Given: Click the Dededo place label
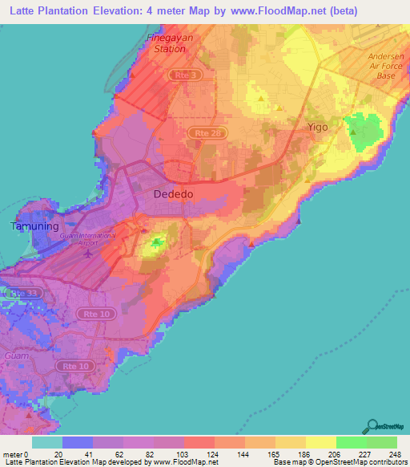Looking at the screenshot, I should pyautogui.click(x=173, y=194).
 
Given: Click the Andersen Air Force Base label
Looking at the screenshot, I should pyautogui.click(x=388, y=66).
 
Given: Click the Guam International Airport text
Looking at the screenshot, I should pyautogui.click(x=87, y=238).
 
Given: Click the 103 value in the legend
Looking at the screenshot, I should pyautogui.click(x=183, y=454).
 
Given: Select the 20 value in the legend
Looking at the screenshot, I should pyautogui.click(x=62, y=454).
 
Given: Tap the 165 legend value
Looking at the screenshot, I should pyautogui.click(x=274, y=454).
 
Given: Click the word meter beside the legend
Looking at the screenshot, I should pyautogui.click(x=14, y=454).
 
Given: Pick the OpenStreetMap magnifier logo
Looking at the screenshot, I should pyautogui.click(x=370, y=427).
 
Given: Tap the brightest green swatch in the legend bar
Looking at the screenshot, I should pyautogui.click(x=351, y=442).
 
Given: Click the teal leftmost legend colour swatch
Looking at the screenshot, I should pyautogui.click(x=46, y=442).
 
